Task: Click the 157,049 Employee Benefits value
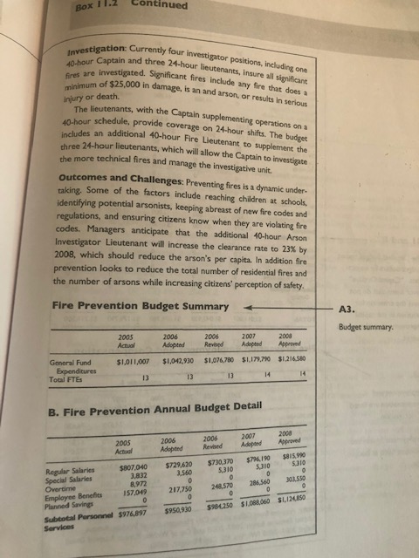[x=140, y=492]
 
